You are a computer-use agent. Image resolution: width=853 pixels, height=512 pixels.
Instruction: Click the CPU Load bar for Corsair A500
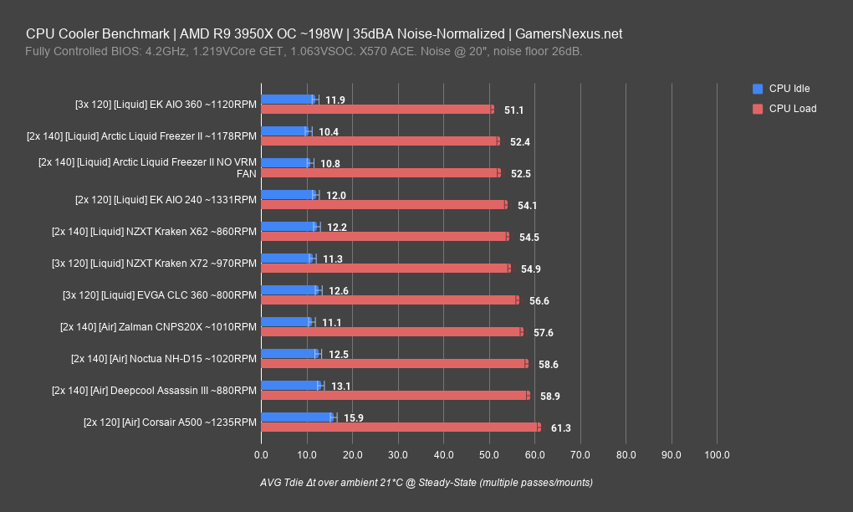[x=401, y=428]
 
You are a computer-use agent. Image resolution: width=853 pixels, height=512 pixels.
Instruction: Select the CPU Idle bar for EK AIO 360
[x=289, y=100]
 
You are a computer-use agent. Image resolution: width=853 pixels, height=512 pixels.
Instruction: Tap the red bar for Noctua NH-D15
[x=394, y=364]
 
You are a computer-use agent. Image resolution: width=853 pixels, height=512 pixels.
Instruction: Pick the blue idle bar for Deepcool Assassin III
[x=291, y=386]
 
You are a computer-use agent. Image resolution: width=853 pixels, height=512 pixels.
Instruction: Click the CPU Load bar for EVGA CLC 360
[x=390, y=300]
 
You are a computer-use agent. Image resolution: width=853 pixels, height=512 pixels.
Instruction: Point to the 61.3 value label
[x=560, y=428]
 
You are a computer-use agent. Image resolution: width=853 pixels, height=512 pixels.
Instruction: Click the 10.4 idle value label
[x=329, y=132]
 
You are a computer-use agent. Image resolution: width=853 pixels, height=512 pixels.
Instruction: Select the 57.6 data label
[x=544, y=333]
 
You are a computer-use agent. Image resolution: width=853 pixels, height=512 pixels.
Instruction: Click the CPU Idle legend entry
[x=789, y=89]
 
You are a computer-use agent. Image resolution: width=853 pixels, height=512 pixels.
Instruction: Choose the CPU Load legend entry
[x=792, y=109]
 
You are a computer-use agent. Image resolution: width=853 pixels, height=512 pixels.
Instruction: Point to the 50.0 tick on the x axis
[x=489, y=455]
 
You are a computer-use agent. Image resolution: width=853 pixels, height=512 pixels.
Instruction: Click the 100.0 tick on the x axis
[x=717, y=455]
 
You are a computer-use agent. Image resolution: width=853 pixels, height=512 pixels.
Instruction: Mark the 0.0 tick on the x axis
[x=262, y=455]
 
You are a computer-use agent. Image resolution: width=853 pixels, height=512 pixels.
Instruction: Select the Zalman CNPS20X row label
[x=158, y=327]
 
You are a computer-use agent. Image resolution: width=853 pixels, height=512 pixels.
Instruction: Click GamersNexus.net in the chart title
[x=569, y=34]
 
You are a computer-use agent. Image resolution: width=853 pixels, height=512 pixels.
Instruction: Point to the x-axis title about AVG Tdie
[x=426, y=483]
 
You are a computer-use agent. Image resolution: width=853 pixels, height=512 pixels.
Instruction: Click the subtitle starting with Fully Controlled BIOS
[x=304, y=52]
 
